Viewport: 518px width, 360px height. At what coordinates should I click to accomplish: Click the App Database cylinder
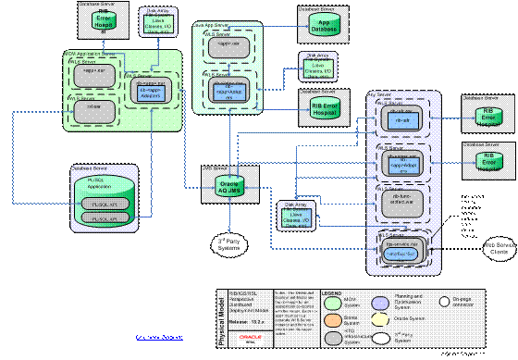coord(321,26)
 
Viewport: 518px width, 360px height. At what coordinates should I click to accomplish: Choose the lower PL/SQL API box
coord(105,217)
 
